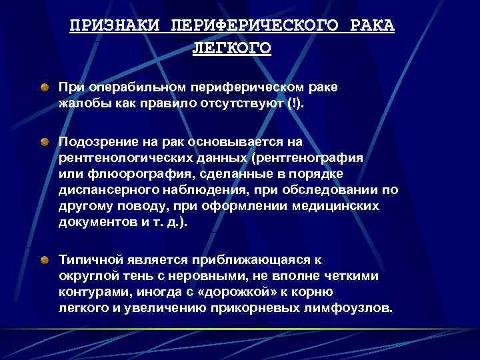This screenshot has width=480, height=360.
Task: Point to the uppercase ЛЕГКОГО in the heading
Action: point(232,49)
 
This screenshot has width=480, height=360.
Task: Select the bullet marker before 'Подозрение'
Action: point(44,141)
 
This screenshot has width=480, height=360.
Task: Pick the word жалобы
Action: point(81,103)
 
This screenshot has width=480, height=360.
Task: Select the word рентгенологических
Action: point(123,158)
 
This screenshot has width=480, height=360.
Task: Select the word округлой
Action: point(87,275)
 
